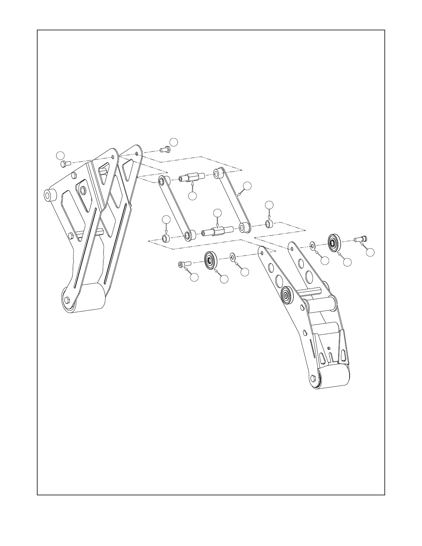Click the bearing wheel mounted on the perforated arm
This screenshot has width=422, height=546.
coord(287,295)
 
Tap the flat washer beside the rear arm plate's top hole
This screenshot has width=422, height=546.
coord(313,246)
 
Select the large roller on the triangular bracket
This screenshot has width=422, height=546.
coord(89,297)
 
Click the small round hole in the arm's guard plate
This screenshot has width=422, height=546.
coord(329,348)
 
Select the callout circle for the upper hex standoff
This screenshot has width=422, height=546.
coord(193,196)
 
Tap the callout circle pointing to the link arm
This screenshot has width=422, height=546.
coord(247,186)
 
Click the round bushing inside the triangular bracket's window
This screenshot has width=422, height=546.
coord(83,190)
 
